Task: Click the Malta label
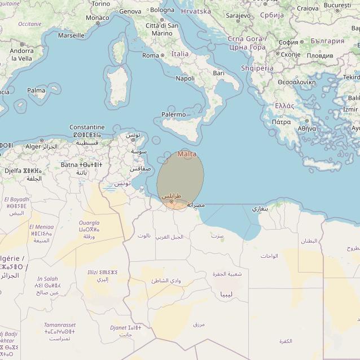(x=187, y=153)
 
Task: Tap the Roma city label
(x=150, y=55)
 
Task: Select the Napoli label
(x=185, y=78)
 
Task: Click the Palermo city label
(x=173, y=115)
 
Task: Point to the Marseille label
(x=71, y=35)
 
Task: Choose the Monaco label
(x=98, y=18)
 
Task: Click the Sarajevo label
(x=238, y=16)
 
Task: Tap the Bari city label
(x=218, y=73)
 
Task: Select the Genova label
(x=130, y=11)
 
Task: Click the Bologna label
(x=163, y=10)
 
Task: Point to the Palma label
(x=36, y=90)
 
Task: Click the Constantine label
(x=87, y=128)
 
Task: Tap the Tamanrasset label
(x=60, y=325)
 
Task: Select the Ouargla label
(x=89, y=223)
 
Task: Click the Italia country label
(x=180, y=54)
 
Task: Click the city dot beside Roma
(x=163, y=55)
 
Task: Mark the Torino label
(x=100, y=3)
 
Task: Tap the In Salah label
(x=47, y=279)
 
